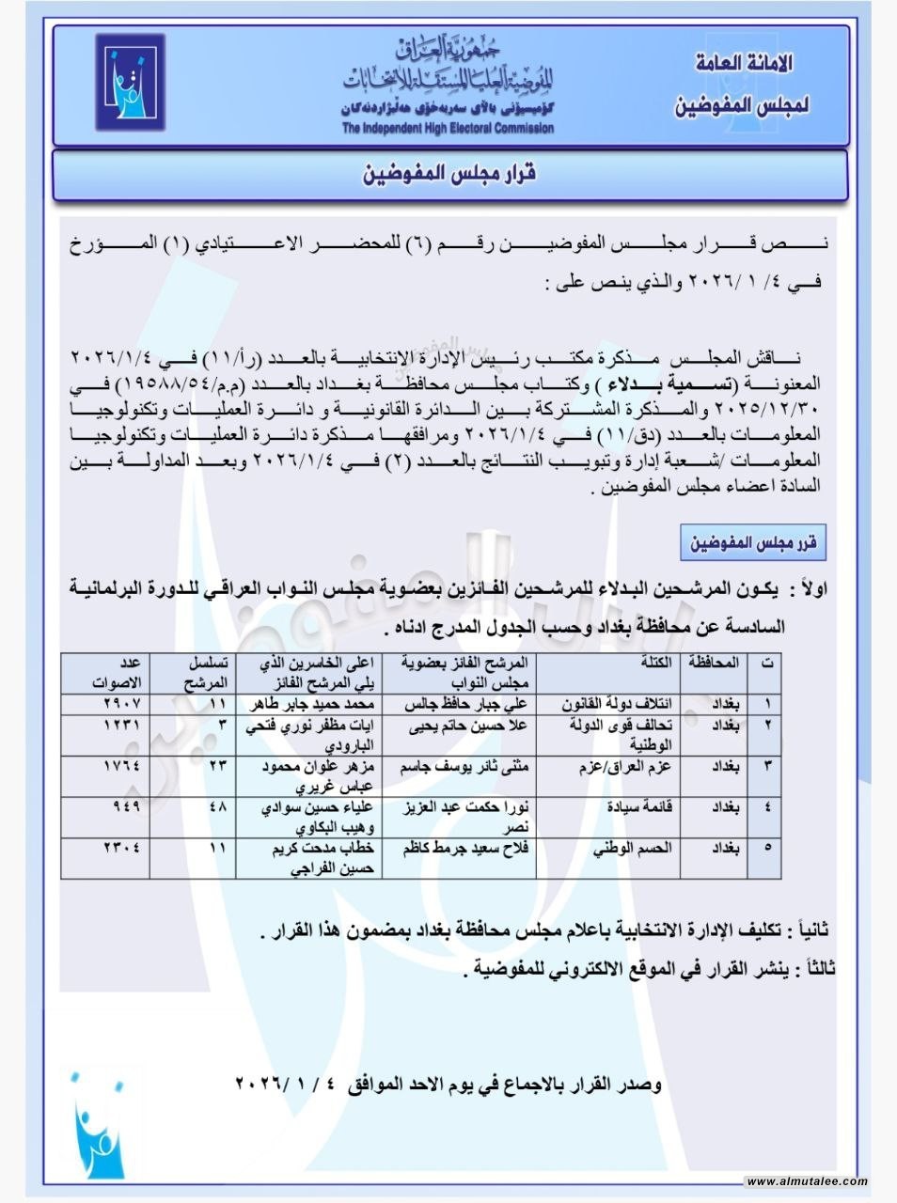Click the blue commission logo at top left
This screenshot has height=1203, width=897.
(x=130, y=83)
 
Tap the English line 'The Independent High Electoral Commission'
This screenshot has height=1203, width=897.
(x=448, y=129)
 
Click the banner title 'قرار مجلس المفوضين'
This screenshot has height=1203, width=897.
(x=449, y=175)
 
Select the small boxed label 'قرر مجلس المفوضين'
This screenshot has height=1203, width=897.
(x=753, y=543)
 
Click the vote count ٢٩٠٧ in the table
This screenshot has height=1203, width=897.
(x=121, y=704)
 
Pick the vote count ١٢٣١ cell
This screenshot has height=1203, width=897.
(x=121, y=726)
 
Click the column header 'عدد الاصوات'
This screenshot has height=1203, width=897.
(x=117, y=672)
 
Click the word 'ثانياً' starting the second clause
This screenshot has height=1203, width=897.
(x=810, y=930)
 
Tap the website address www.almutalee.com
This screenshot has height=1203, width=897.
(x=807, y=1181)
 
